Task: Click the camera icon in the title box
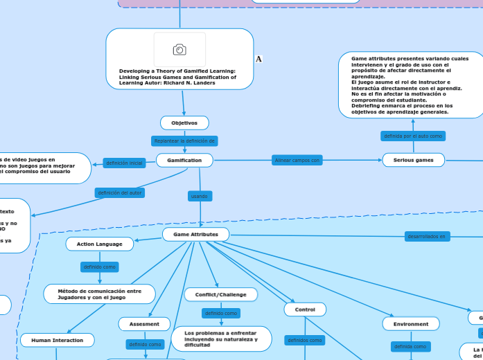179,49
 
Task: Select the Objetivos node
184,123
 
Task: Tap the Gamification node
184,160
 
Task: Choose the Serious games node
414,160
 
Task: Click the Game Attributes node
195,235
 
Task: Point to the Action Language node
100,244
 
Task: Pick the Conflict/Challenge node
221,294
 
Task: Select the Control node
305,309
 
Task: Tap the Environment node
411,323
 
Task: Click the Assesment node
145,323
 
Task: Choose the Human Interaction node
57,340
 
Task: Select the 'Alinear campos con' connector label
297,160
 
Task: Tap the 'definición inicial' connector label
123,163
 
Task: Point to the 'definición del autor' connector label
120,192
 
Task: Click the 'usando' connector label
199,197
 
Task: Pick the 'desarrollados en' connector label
427,236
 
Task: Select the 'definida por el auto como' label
413,136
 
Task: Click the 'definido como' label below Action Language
100,267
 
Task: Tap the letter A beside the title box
258,60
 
